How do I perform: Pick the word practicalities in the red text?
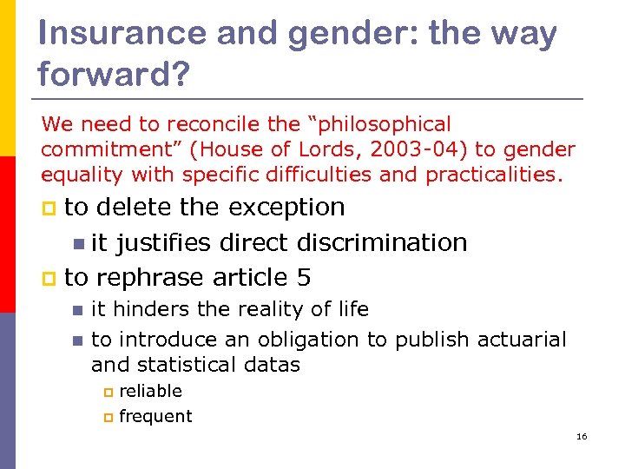491,175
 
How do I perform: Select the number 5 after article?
303,278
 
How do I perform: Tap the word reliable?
150,391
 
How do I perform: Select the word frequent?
155,416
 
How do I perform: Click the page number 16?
582,436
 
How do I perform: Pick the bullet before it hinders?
77,310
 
